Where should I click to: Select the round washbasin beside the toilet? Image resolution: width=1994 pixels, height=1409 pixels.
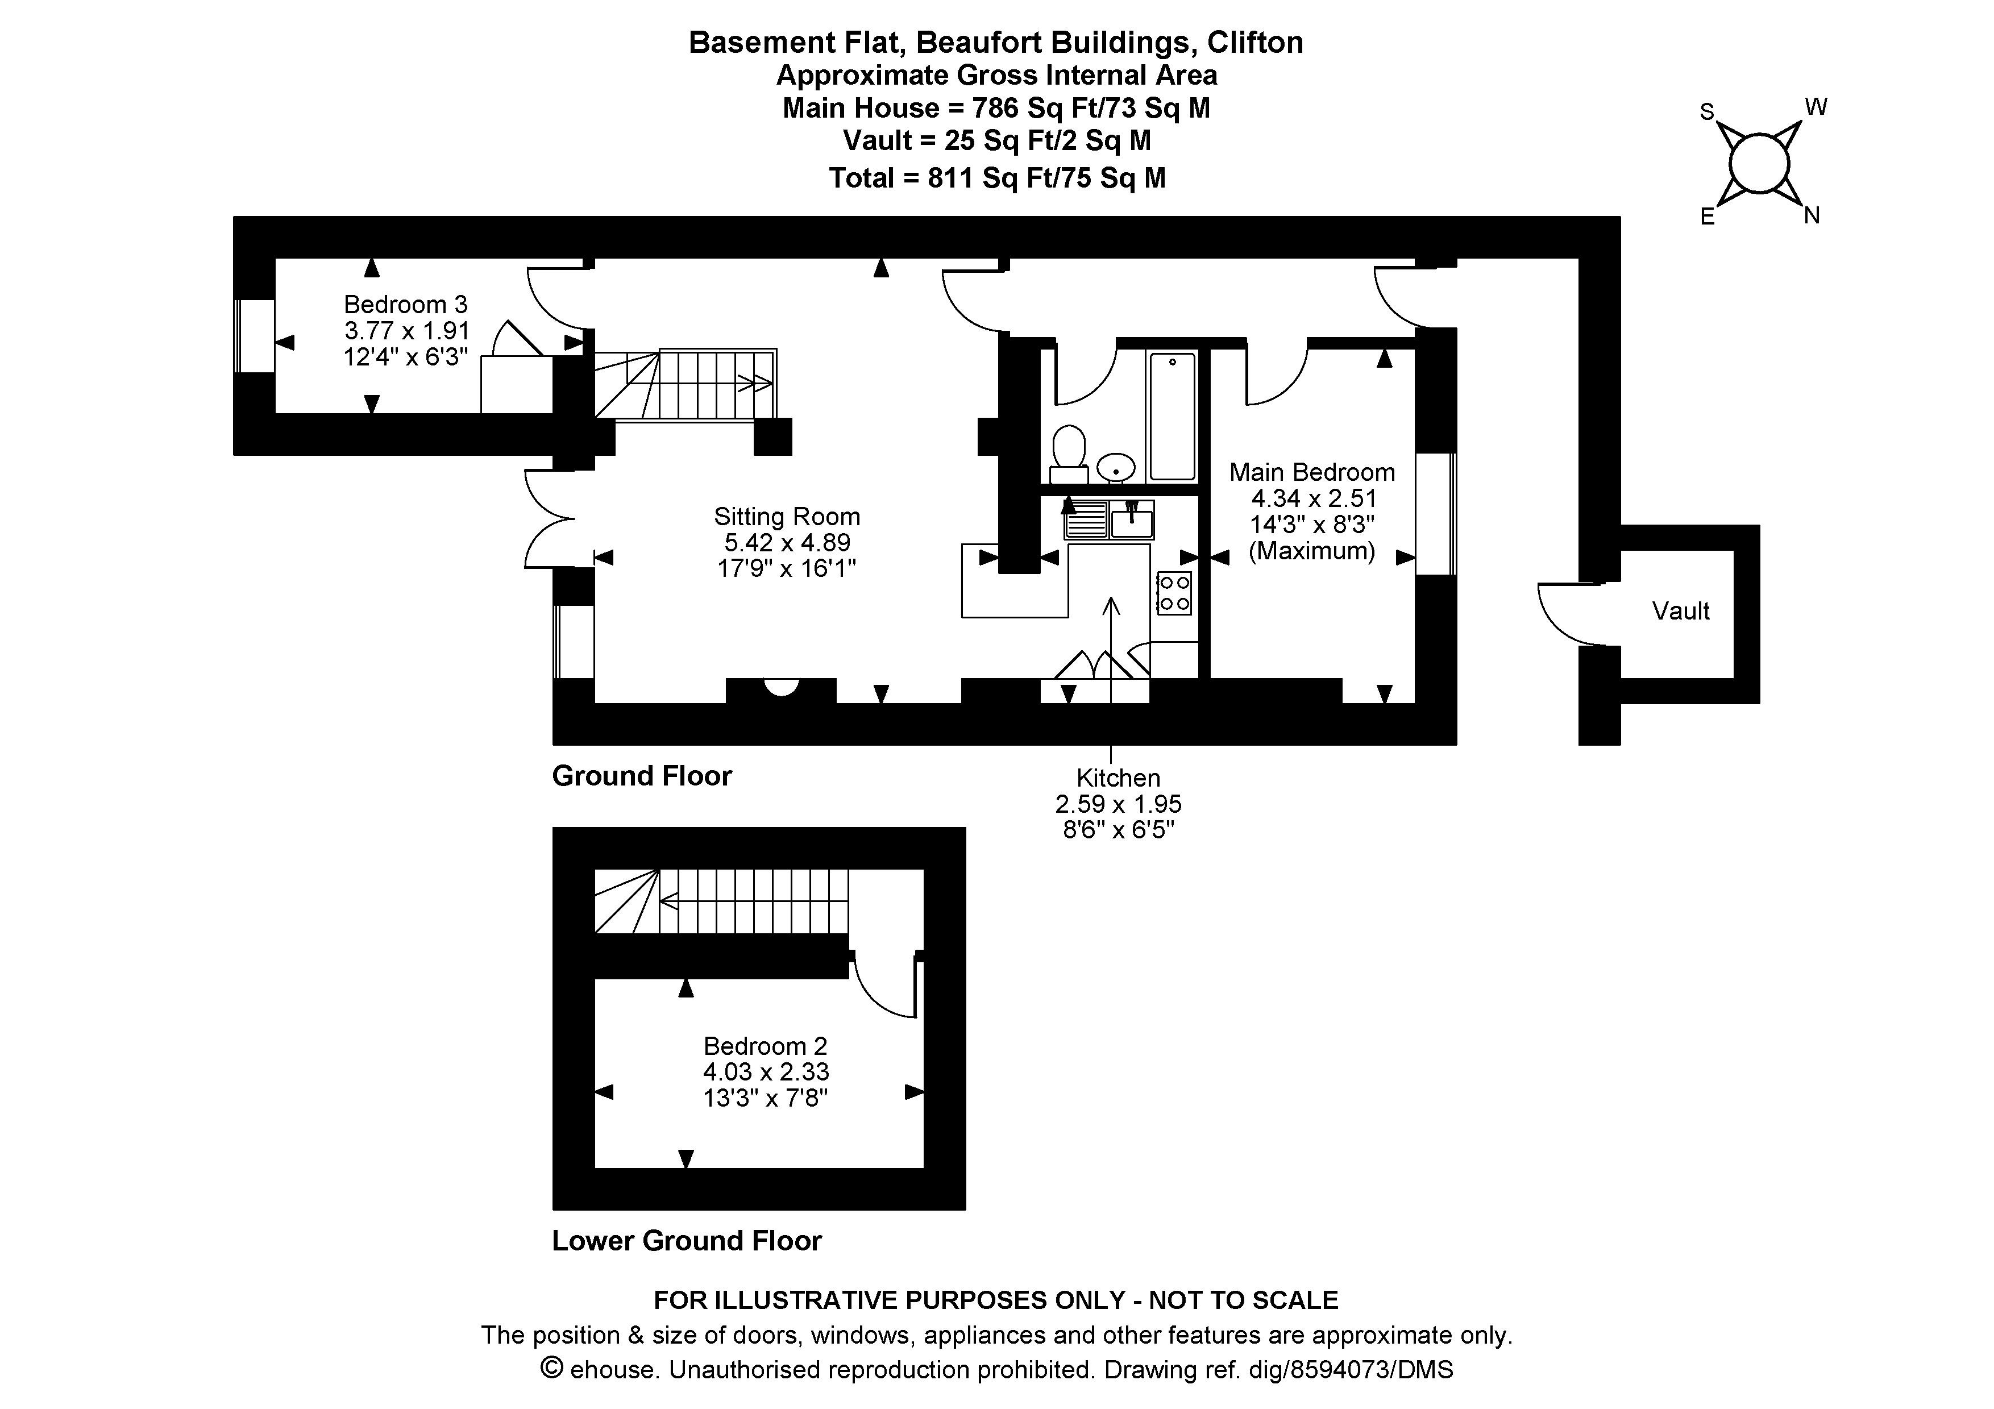[1116, 468]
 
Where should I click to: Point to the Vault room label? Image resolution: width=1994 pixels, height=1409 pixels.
[1680, 611]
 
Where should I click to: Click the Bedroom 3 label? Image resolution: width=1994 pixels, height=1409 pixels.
[406, 305]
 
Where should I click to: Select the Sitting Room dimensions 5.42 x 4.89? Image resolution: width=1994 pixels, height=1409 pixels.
[787, 543]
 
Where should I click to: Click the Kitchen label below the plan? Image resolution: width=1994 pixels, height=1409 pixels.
[1118, 778]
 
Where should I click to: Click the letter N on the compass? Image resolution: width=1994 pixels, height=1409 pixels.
[1811, 216]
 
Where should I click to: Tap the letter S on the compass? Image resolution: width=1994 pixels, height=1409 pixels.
[1706, 112]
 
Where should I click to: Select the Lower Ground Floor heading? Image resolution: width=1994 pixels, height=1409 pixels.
[686, 1241]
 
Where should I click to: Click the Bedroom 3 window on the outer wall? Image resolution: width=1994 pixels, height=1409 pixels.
[255, 337]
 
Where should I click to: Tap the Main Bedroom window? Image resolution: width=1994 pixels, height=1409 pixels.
[1436, 513]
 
